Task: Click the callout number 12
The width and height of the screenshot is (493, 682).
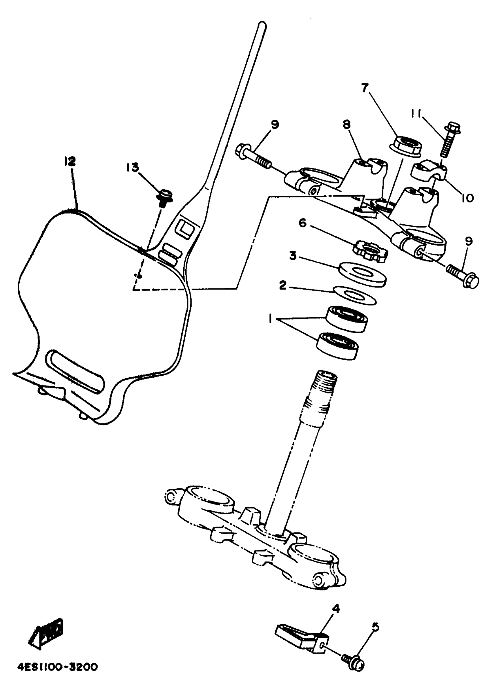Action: click(70, 161)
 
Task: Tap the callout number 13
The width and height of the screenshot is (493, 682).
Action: click(133, 167)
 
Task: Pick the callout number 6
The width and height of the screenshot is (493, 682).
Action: click(302, 223)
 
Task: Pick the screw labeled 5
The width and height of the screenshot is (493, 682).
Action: click(354, 656)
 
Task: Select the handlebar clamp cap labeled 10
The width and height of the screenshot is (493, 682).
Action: click(428, 170)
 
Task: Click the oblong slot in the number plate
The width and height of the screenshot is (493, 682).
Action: click(75, 371)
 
